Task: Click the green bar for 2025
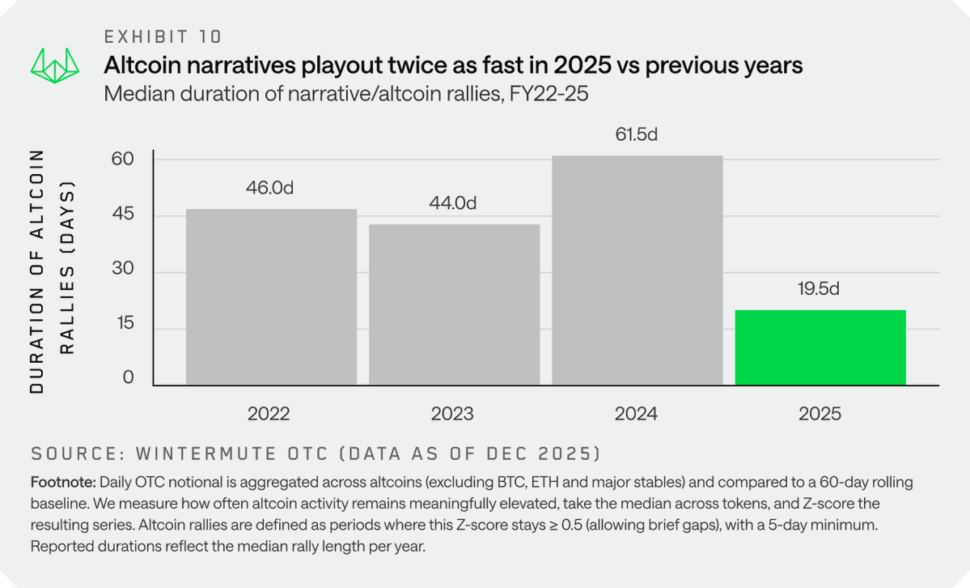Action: (x=820, y=347)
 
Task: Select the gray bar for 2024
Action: (x=637, y=271)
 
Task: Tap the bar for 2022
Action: (x=271, y=297)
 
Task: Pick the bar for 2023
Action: (x=454, y=305)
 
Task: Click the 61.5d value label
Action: (x=636, y=134)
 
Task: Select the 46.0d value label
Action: (x=270, y=188)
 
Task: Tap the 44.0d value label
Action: (x=453, y=203)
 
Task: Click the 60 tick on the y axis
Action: (x=122, y=159)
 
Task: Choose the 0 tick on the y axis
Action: (x=127, y=378)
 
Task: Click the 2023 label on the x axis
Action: (x=453, y=414)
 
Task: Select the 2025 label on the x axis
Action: (x=820, y=414)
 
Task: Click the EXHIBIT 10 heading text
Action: (x=163, y=36)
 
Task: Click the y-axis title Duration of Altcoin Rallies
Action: (x=53, y=271)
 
